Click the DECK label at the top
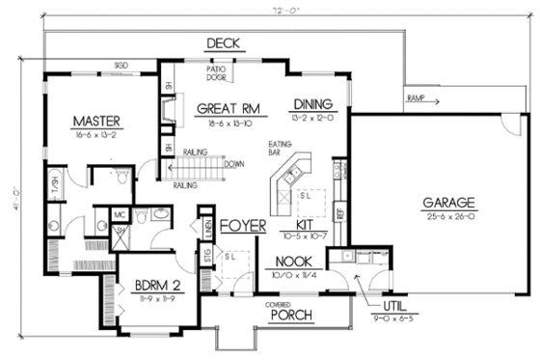coord(223,42)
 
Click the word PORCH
coord(290,315)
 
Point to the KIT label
coord(297,224)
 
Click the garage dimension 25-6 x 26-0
coord(449,217)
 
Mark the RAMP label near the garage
coord(416,97)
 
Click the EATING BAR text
coord(280,149)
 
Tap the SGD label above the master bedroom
coord(121,65)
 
